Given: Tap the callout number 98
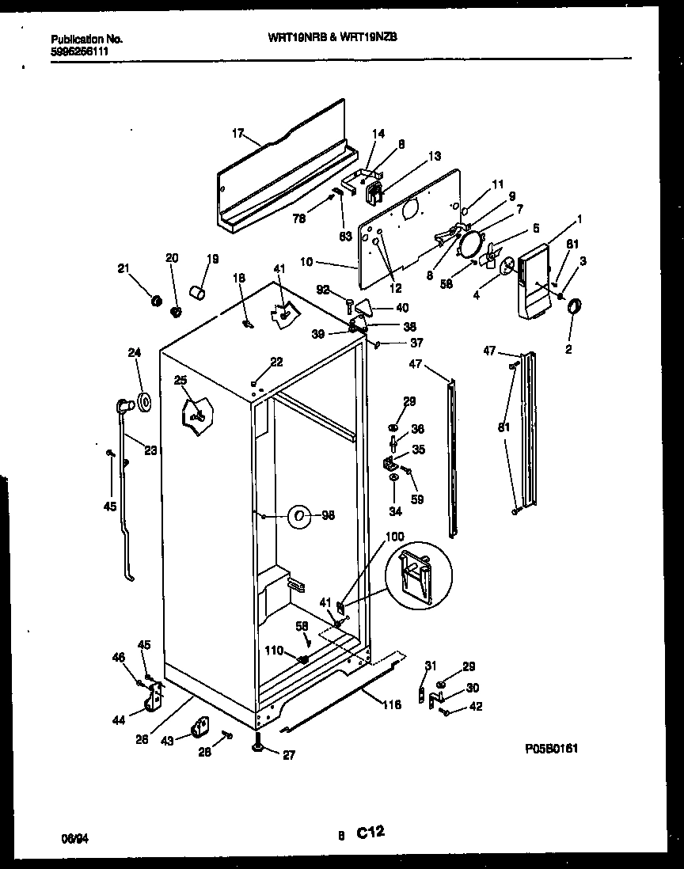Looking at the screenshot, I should [x=329, y=516].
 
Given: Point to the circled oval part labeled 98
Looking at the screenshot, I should [x=298, y=517].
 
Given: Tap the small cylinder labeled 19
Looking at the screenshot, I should [x=199, y=294].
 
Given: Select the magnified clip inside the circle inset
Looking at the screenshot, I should [x=418, y=575].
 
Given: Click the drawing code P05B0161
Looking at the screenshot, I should [x=551, y=747].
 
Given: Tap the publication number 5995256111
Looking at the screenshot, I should [x=79, y=51].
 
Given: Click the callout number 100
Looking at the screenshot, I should [x=394, y=537].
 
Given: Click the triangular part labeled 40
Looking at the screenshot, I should [x=363, y=306].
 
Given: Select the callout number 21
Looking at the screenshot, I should [x=123, y=268].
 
